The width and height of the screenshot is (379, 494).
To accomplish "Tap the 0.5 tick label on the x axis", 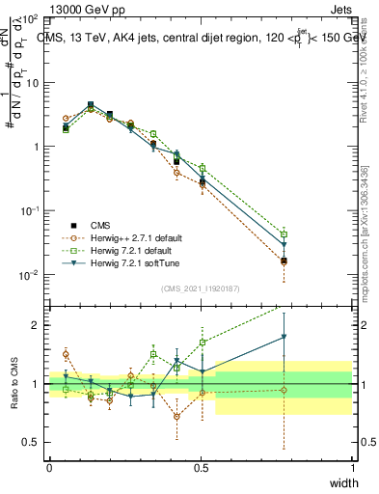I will (x=201, y=465).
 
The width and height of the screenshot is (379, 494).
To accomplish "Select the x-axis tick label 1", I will (x=353, y=465).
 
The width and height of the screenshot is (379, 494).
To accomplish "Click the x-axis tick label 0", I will (x=49, y=465).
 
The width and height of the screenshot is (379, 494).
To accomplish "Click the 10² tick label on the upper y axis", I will (x=29, y=19).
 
